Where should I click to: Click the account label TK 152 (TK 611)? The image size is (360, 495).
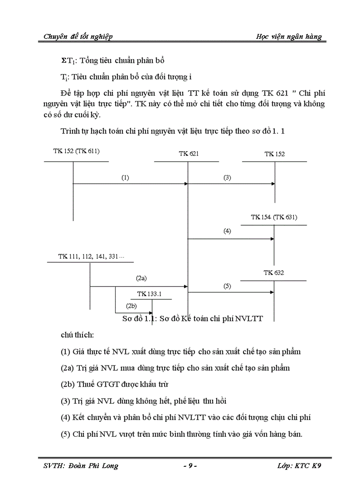[x=76, y=151]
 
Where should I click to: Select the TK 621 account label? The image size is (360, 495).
[x=188, y=154]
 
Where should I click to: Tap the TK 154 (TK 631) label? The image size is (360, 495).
[x=274, y=217]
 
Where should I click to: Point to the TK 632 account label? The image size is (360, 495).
[x=274, y=273]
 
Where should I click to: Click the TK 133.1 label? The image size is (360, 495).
[x=149, y=294]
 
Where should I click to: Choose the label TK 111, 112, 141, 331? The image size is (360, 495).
[x=91, y=256]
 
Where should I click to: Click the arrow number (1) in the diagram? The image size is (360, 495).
[x=125, y=178]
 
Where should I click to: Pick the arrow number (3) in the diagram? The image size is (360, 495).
[x=227, y=178]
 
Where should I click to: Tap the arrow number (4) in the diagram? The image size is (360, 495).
[x=227, y=231]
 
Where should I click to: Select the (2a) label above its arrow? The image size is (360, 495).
[x=141, y=279]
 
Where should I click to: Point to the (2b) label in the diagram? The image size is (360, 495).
[x=131, y=306]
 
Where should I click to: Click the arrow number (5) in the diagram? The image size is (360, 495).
[x=227, y=286]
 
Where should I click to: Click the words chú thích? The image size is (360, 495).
[x=77, y=335]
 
